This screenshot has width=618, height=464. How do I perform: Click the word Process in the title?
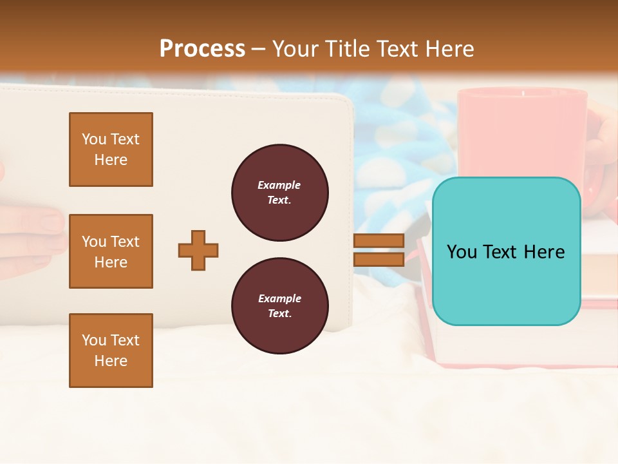202,48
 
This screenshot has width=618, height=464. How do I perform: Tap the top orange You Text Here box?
111,150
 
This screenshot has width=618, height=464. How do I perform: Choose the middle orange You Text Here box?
111,251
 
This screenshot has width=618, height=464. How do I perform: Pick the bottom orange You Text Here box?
111,350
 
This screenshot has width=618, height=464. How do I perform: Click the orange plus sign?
198,250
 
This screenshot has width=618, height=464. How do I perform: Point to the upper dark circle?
279,192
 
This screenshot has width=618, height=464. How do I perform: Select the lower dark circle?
279,305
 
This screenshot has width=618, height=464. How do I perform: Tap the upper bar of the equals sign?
379,241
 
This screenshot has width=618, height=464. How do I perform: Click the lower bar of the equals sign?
379,259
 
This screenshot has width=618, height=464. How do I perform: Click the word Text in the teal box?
505,251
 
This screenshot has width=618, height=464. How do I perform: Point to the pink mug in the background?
521,129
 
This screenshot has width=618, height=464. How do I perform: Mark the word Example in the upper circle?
279,185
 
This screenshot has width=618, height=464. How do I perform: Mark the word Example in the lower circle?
279,298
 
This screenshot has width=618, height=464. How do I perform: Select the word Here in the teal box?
544,251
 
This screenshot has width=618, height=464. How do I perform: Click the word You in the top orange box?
94,139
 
